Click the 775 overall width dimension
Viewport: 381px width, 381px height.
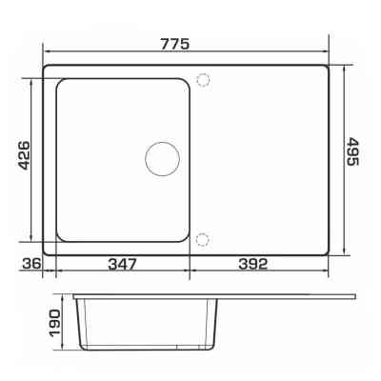point(174,44)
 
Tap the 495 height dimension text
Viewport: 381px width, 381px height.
point(351,151)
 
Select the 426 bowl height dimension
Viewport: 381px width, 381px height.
point(24,155)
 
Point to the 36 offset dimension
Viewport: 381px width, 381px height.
point(31,263)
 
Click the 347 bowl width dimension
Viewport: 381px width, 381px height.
point(122,264)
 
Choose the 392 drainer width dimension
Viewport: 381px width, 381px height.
point(253,264)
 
